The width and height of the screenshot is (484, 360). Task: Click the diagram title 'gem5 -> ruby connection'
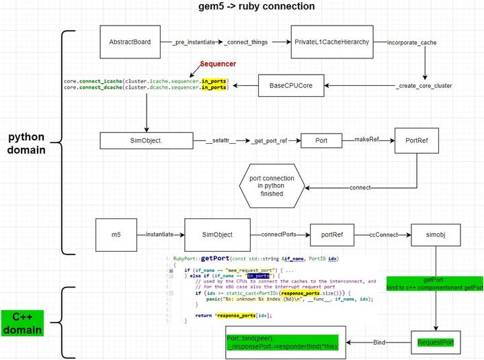pyautogui.click(x=242, y=7)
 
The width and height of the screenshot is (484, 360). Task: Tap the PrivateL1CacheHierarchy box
pyautogui.click(x=331, y=42)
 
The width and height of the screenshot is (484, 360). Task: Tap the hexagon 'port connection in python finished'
pyautogui.click(x=272, y=185)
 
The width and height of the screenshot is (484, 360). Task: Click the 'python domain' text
pyautogui.click(x=26, y=143)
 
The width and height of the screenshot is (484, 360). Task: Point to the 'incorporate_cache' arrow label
pyautogui.click(x=412, y=42)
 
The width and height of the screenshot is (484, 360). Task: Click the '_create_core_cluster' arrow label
pyautogui.click(x=424, y=85)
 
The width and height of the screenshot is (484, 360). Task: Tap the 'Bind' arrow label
pyautogui.click(x=380, y=342)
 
